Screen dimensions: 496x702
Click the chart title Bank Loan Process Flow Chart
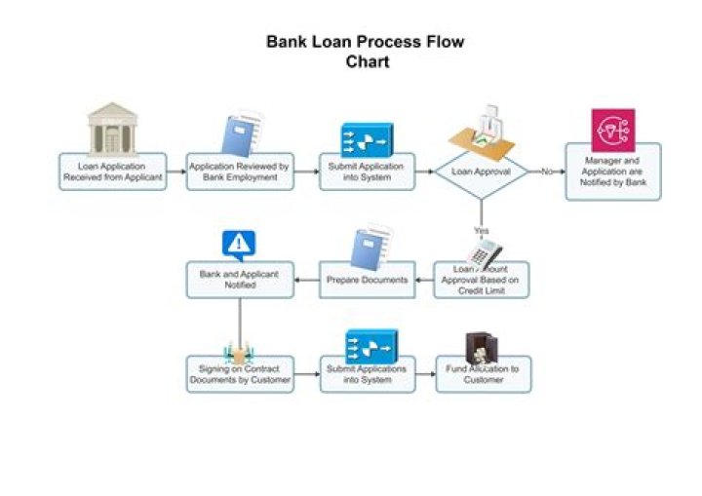click(366, 52)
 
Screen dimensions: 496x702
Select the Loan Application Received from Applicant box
click(111, 172)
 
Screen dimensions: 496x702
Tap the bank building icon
click(112, 128)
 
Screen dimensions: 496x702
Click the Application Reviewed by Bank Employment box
click(240, 172)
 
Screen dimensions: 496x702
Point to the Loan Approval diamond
click(480, 172)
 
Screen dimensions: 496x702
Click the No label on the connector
click(547, 172)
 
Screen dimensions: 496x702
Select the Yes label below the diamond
click(481, 231)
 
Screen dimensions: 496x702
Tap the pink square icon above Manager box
click(612, 131)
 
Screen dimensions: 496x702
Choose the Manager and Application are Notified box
click(612, 172)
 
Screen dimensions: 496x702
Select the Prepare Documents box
click(367, 281)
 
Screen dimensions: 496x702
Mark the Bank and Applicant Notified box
click(240, 281)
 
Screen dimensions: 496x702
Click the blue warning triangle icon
click(238, 243)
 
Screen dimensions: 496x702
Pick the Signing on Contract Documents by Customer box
click(240, 375)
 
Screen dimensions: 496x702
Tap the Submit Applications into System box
click(367, 375)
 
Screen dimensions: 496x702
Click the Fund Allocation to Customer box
click(484, 375)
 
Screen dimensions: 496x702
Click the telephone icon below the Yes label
click(485, 253)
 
